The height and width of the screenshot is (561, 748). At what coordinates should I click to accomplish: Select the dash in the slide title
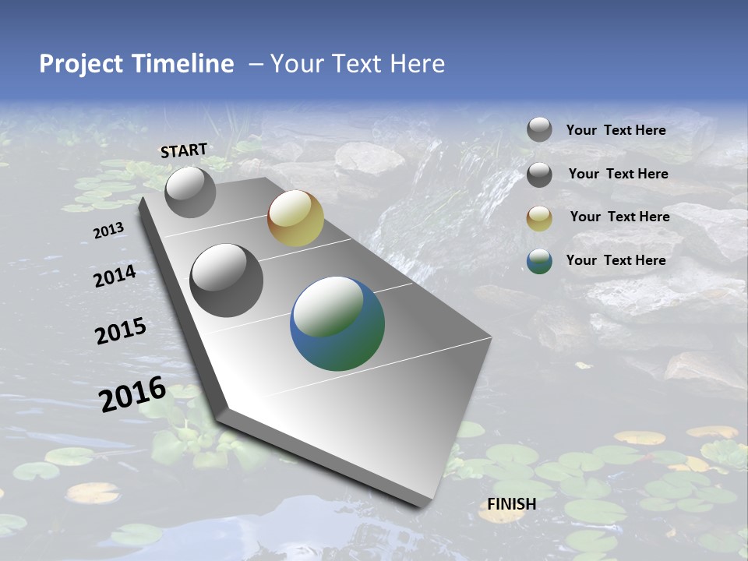256,64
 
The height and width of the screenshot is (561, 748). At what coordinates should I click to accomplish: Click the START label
184,150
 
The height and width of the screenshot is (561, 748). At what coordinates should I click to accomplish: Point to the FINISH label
512,504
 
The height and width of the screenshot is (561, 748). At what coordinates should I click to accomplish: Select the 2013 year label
108,231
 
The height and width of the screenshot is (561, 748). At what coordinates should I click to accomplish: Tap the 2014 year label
115,277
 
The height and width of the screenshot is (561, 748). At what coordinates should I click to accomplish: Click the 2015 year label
121,331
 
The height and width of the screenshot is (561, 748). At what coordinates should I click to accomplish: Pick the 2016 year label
132,394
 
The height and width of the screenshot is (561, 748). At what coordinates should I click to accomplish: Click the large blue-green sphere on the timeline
337,323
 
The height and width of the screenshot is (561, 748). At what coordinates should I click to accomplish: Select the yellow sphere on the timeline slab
295,218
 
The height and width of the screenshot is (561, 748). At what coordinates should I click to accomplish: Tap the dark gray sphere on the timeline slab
227,280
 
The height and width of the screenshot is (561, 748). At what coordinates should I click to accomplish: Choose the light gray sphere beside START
190,192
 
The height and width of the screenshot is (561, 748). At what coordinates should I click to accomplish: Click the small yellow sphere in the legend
539,218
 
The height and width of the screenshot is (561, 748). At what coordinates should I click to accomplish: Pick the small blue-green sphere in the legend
539,261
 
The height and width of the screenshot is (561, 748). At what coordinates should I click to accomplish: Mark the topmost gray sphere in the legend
539,129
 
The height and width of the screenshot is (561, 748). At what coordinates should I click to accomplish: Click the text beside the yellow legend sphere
619,217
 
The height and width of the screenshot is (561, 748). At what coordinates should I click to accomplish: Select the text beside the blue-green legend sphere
616,260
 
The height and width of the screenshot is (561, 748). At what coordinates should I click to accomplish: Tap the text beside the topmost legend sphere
616,130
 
